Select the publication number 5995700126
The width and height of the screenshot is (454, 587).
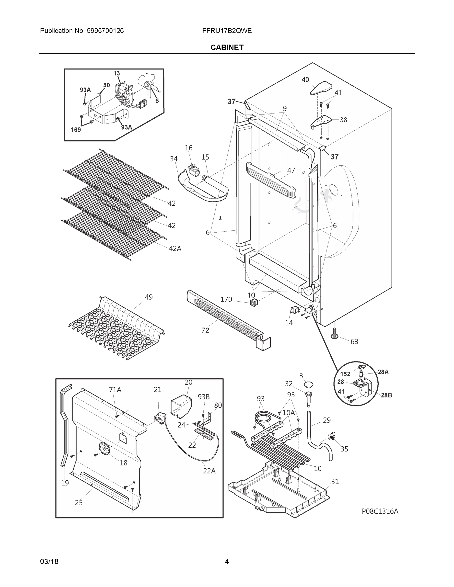(105, 31)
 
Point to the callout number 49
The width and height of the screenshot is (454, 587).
(149, 297)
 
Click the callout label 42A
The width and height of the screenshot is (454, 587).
(175, 248)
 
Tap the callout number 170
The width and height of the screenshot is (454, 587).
(226, 299)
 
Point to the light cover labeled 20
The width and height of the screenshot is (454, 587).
(181, 406)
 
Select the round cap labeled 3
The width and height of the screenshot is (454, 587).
(309, 385)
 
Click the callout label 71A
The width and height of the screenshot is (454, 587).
(115, 390)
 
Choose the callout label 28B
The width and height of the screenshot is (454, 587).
(386, 395)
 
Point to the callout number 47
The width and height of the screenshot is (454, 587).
(291, 170)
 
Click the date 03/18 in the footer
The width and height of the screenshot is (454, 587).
(49, 562)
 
